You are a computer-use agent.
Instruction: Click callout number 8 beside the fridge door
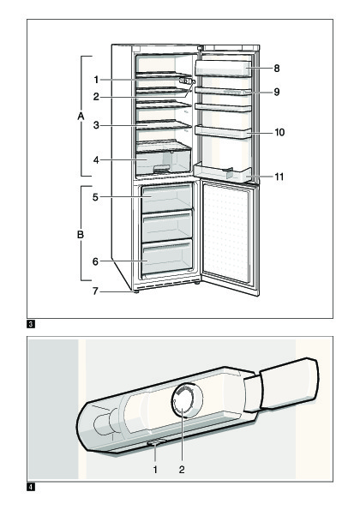277,69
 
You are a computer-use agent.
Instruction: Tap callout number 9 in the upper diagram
277,92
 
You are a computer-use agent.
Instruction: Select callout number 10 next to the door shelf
279,132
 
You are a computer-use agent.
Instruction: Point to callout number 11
279,177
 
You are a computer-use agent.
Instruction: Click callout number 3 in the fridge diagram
96,125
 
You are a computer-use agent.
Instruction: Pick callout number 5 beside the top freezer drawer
95,197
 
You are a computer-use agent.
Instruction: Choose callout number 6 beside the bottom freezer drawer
95,261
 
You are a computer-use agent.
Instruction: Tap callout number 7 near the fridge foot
95,291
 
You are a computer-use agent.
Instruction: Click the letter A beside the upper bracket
81,116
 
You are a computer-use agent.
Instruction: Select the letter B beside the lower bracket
81,234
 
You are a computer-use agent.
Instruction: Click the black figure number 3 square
31,324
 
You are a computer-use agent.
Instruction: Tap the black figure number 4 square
31,487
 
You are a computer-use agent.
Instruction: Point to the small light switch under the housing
156,442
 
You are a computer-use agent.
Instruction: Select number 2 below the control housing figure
182,470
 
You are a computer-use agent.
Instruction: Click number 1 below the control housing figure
155,470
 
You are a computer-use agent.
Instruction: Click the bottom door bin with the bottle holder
223,172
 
